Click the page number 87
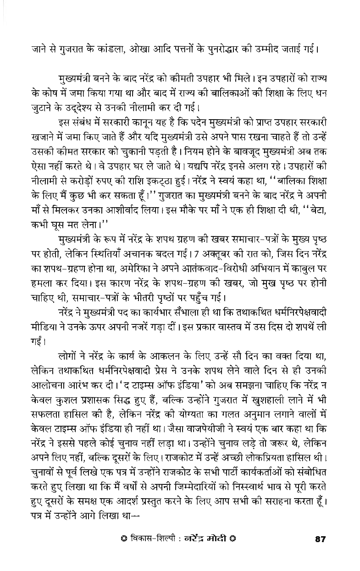point(320,552)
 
